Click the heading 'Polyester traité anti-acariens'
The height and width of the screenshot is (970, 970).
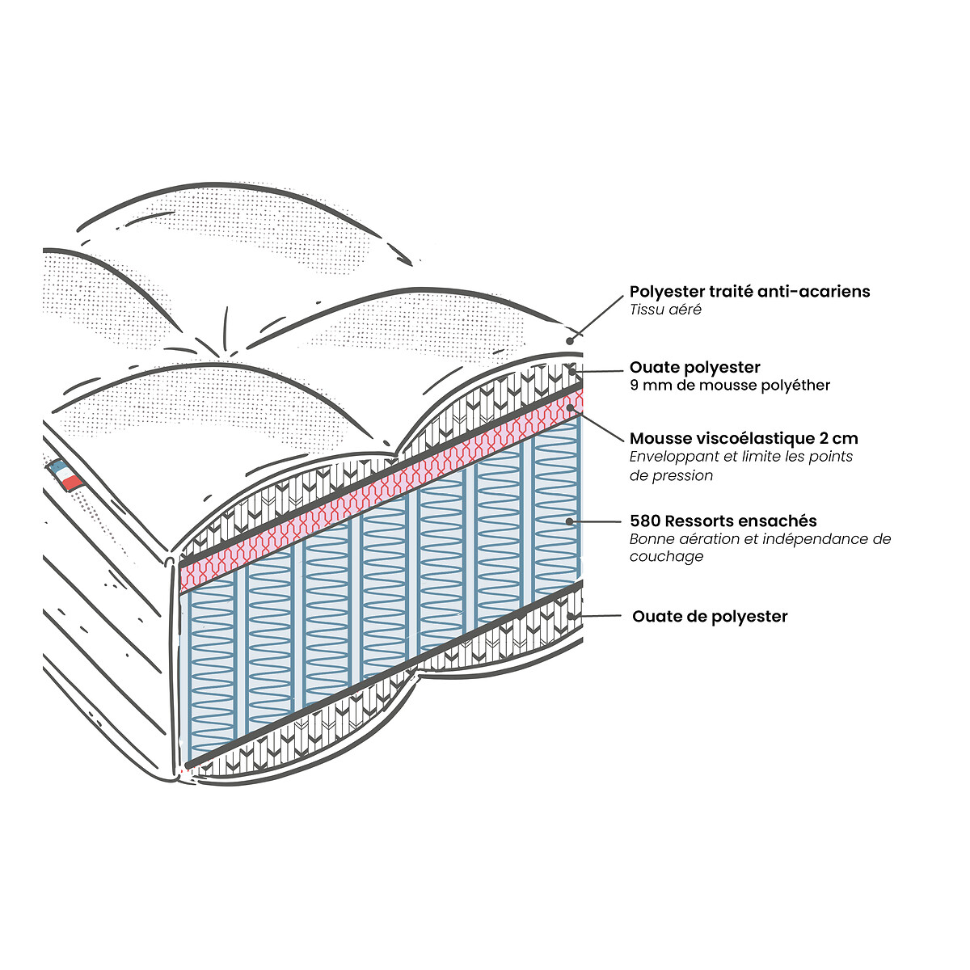point(749,291)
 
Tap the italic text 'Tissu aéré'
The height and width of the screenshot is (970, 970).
point(666,310)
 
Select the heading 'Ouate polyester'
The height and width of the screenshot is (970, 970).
point(694,368)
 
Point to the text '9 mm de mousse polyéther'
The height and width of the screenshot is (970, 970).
point(729,386)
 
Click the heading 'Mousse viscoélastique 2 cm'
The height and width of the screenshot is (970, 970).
point(744,438)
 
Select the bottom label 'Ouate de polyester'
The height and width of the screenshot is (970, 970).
point(710,617)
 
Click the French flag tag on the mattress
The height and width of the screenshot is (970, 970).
point(65,475)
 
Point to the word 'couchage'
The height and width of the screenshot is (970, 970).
point(666,556)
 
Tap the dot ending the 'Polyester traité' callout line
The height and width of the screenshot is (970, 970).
point(571,341)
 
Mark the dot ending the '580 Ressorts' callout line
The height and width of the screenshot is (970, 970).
point(570,521)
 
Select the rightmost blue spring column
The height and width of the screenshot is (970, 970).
point(556,501)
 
